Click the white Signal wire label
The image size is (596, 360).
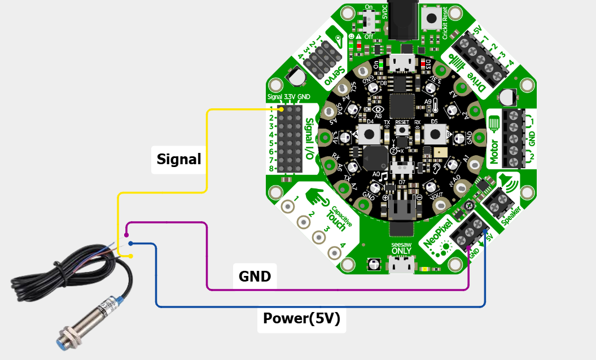pos(178,160)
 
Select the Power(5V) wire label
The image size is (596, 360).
pos(301,319)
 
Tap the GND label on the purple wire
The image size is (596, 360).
pos(255,276)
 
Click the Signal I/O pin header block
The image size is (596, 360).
pos(290,138)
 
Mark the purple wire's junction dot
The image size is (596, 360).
pos(127,235)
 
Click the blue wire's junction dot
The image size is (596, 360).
pos(130,244)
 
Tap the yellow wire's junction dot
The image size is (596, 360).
pos(130,256)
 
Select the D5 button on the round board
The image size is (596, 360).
pos(435,134)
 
